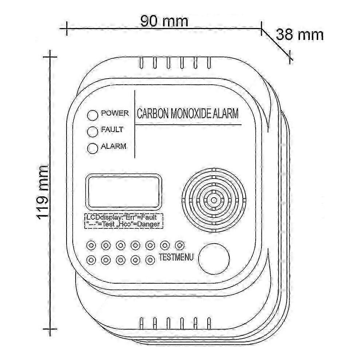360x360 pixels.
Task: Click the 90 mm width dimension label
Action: click(164, 21)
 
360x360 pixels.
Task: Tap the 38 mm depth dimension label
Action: click(299, 35)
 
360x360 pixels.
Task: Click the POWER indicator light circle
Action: click(92, 115)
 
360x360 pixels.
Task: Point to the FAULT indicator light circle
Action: click(92, 132)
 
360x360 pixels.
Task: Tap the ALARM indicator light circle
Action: click(92, 148)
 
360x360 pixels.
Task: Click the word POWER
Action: click(115, 113)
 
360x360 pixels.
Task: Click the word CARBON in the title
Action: click(153, 114)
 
